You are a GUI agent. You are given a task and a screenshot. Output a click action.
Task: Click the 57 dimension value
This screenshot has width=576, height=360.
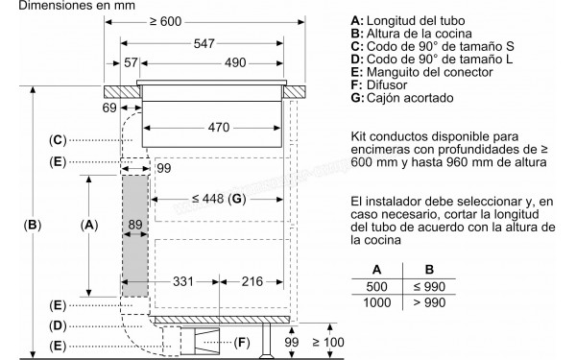point(132,64)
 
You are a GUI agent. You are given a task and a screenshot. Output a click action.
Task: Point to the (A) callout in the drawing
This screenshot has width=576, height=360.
point(88,226)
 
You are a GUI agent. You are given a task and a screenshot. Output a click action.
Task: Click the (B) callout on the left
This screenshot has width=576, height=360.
point(32,226)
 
